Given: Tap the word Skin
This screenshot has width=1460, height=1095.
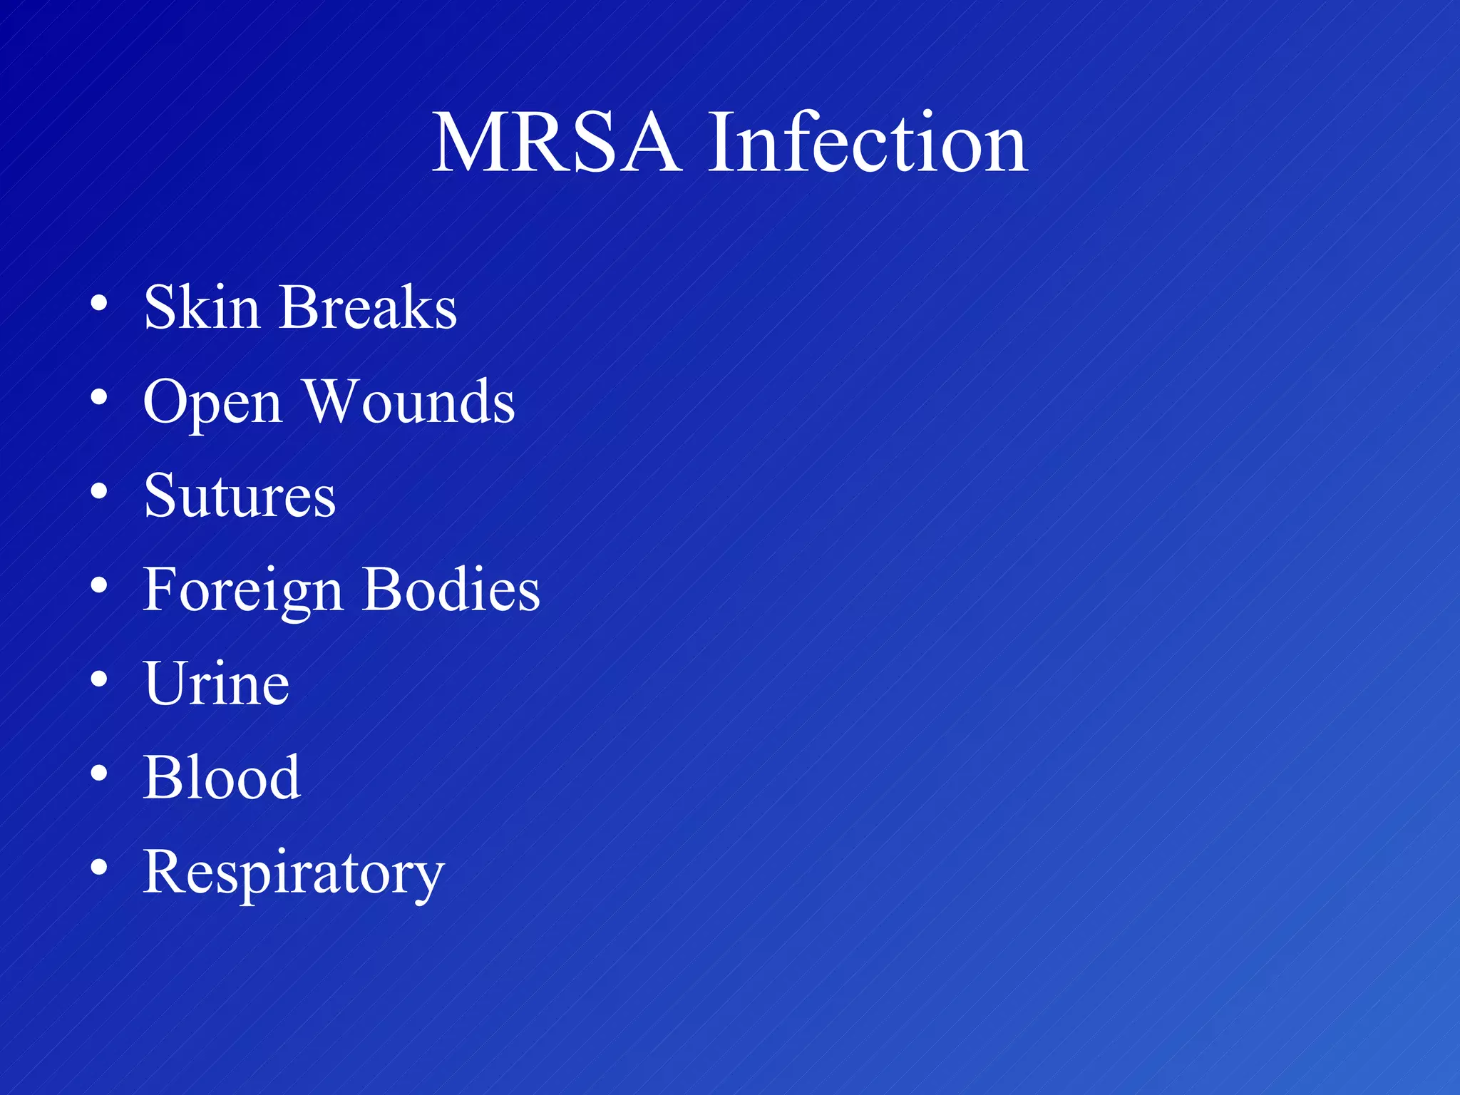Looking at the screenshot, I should [x=202, y=307].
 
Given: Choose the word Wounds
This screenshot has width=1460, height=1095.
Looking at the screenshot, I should [x=409, y=401].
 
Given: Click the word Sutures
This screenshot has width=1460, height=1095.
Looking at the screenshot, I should [x=240, y=495].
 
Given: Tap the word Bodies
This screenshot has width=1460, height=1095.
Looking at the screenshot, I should [x=451, y=590].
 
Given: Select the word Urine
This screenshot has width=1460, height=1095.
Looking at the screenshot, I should [x=217, y=684].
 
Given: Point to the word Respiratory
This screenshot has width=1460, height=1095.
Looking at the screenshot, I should [x=294, y=873].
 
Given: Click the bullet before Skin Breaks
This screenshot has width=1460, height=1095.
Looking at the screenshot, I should [x=99, y=304].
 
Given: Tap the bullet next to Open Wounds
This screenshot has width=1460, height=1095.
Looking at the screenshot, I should [x=99, y=398].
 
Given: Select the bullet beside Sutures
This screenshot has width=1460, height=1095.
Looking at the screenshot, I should [x=99, y=492].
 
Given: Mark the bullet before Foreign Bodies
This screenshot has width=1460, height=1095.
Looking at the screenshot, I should [x=99, y=586].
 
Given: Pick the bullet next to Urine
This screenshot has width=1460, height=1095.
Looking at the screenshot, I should [x=99, y=680].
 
